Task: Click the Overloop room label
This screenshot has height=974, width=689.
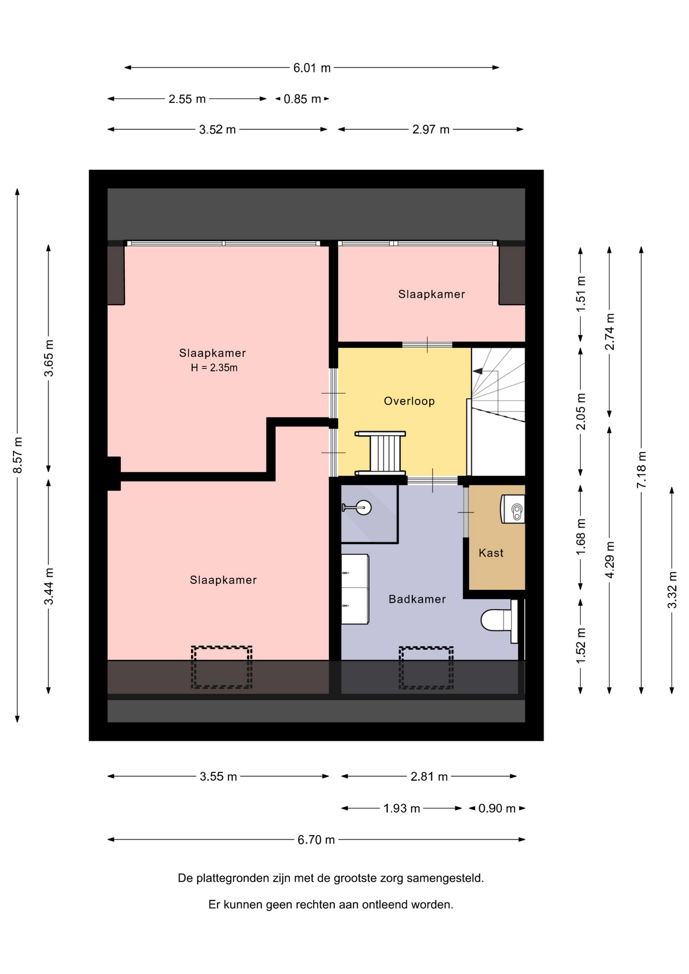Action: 409,401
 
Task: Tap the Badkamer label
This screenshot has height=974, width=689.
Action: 417,599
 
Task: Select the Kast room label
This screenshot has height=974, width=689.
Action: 491,553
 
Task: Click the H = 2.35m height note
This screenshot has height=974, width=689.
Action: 214,368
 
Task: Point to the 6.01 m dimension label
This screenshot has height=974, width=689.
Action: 312,67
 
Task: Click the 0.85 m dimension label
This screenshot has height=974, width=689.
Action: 302,99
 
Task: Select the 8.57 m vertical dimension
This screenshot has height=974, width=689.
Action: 18,455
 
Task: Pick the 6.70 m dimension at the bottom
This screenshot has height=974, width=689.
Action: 316,840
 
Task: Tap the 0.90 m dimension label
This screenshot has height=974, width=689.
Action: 497,808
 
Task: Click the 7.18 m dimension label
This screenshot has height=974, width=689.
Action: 641,470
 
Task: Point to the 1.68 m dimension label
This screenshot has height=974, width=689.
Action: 581,537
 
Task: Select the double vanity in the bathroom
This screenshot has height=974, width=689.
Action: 355,589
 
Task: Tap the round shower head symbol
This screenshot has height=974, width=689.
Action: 363,507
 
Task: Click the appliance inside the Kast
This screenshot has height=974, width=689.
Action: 513,509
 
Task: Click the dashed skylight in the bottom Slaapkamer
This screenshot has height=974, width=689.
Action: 222,667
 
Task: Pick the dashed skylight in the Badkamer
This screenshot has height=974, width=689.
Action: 426,668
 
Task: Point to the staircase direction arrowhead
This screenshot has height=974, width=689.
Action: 477,371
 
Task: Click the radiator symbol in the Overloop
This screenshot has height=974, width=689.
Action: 381,453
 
